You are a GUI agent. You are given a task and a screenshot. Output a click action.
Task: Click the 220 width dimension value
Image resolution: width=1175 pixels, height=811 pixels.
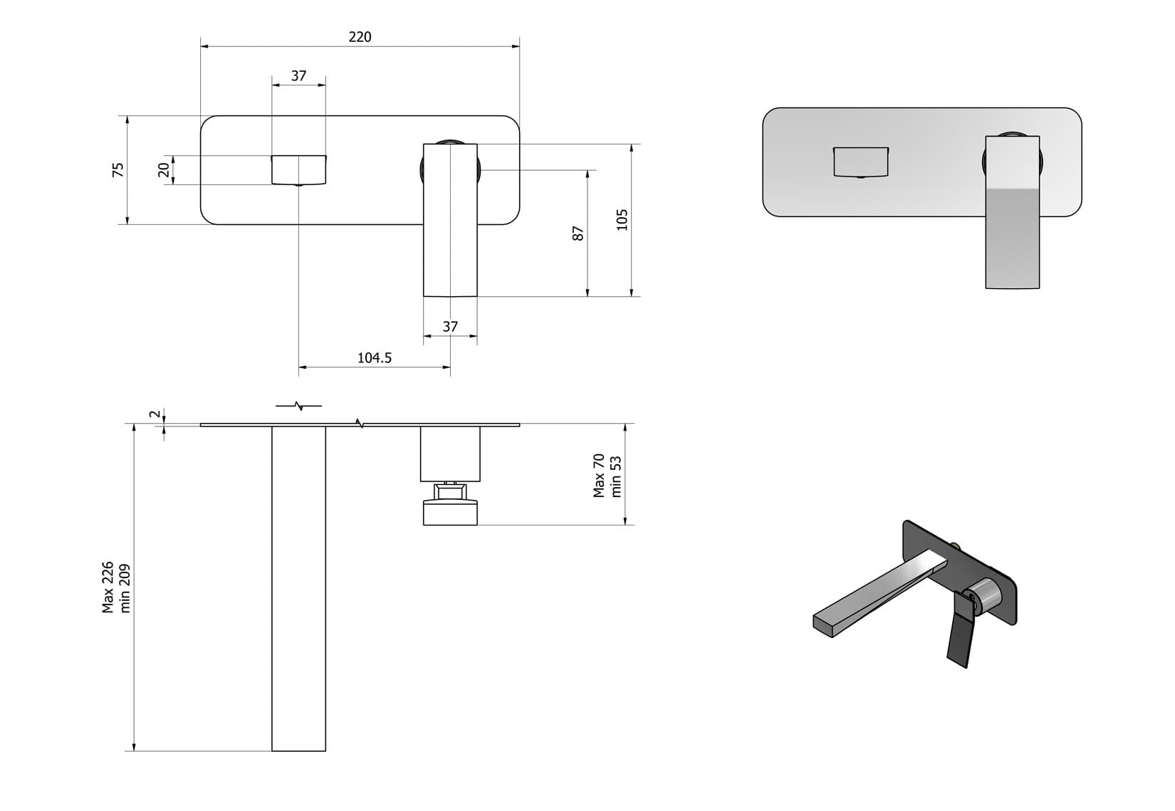coord(360,37)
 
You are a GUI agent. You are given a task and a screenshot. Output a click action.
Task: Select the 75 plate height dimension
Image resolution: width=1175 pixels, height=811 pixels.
coord(118,169)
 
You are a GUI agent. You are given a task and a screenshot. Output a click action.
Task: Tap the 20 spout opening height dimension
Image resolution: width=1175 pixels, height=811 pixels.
coord(164,169)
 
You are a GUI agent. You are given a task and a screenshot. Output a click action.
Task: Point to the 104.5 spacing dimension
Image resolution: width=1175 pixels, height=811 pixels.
coord(374,358)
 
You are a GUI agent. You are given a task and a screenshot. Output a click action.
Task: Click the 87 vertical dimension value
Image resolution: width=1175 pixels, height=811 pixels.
coord(578,233)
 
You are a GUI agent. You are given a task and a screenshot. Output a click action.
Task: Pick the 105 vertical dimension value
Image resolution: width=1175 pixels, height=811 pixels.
coord(622,219)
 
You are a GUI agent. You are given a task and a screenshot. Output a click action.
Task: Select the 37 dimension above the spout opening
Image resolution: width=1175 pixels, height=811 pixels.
coord(298,75)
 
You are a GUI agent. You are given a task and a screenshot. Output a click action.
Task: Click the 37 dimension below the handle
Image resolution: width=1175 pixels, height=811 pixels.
coord(450,327)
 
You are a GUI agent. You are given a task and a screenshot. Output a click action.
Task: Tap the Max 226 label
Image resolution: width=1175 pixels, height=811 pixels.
coord(108,587)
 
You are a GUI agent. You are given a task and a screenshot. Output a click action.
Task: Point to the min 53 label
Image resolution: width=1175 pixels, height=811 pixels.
coord(617,476)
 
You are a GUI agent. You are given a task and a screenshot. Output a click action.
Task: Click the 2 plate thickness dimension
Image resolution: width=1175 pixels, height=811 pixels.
coord(153,414)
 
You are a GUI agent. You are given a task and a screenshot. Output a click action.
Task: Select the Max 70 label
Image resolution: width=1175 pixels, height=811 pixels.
coord(599,476)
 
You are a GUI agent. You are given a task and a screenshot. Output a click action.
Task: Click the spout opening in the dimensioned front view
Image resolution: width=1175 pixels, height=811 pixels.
coord(298,169)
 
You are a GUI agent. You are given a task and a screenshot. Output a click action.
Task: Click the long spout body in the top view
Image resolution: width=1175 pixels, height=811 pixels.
coord(298,584)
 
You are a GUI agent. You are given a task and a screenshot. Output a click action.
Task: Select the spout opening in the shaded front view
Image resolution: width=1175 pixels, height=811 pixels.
coord(861,162)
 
